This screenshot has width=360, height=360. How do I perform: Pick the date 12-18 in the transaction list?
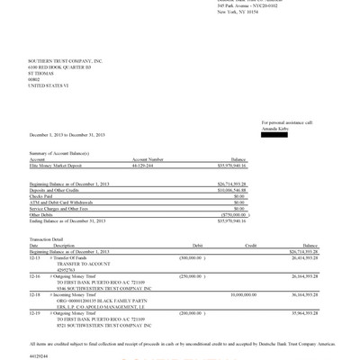click(x=34, y=293)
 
